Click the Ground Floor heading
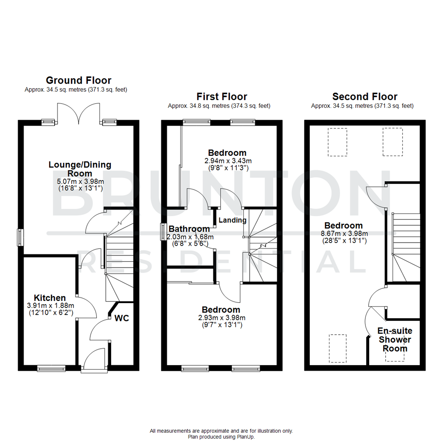78,80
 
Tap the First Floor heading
221,97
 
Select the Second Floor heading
365,97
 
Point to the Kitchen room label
50,297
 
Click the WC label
122,318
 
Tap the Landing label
232,220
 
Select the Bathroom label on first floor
189,229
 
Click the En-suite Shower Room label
395,340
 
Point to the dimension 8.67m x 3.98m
344,233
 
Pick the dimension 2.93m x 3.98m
221,317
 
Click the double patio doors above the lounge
78,114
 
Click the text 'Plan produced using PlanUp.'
221,437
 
